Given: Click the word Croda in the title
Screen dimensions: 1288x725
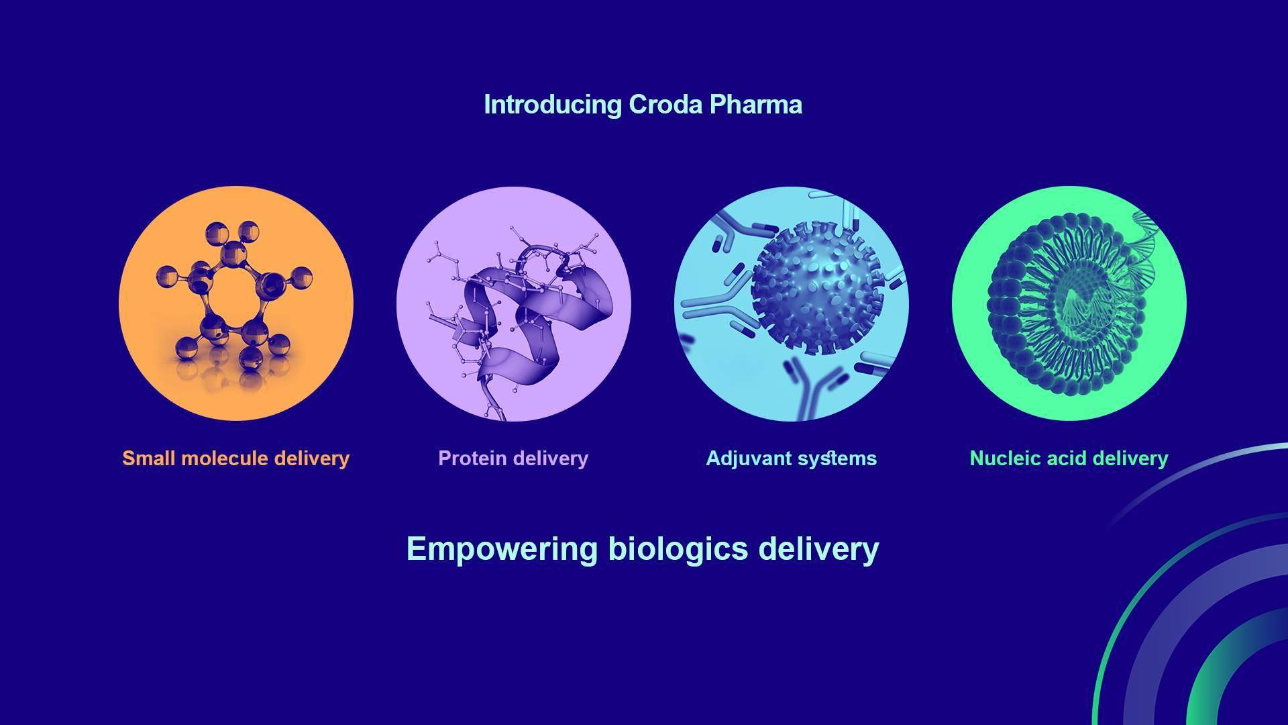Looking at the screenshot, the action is (x=665, y=105).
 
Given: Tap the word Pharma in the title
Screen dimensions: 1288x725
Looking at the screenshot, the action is (x=756, y=105).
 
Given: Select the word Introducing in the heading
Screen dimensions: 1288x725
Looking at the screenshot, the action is (x=553, y=105).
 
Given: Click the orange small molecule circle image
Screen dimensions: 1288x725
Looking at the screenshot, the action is (x=236, y=303).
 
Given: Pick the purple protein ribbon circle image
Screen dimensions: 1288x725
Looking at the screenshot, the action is (x=514, y=303).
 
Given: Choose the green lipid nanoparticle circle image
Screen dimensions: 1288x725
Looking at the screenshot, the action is (x=1069, y=303).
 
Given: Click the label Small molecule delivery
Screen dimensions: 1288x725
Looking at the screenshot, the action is (x=236, y=458).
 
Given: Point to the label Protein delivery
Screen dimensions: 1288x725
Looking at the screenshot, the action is (x=513, y=458).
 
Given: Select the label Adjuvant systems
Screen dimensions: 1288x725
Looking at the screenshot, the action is (x=792, y=458).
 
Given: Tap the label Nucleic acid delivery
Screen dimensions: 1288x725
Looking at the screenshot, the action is (x=1069, y=458).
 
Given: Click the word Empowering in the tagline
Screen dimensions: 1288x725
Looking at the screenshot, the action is (x=502, y=549).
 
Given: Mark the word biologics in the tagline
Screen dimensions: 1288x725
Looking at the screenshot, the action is (x=678, y=549).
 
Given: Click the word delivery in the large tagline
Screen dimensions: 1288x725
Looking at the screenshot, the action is (x=818, y=549).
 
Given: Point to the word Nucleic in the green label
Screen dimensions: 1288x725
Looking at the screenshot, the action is (x=1001, y=458).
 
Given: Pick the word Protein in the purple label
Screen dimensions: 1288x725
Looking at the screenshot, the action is (x=472, y=458).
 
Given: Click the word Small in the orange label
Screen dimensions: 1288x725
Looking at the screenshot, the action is (x=149, y=458).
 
